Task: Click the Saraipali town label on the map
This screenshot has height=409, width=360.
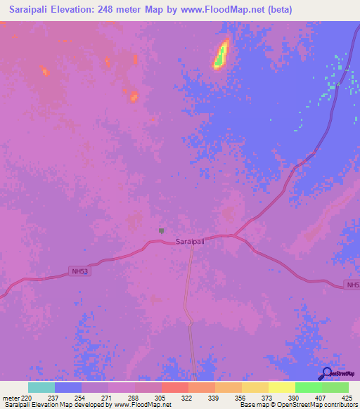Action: coord(190,241)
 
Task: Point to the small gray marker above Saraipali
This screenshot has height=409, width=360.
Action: coord(162,230)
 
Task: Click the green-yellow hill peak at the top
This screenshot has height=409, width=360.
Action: coord(221,54)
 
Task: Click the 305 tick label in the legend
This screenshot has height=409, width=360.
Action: coord(161,396)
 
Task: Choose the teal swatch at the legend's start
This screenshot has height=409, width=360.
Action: coord(41,387)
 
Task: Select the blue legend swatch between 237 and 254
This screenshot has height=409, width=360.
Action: coord(68,387)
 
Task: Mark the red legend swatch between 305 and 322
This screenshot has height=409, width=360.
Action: coord(174,387)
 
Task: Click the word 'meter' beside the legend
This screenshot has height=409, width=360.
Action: coord(11,396)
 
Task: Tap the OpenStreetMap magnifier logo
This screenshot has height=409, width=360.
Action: coord(326,374)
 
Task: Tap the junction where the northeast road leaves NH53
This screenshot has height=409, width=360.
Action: coord(235,235)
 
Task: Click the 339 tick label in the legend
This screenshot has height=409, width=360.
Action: coord(214,396)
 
